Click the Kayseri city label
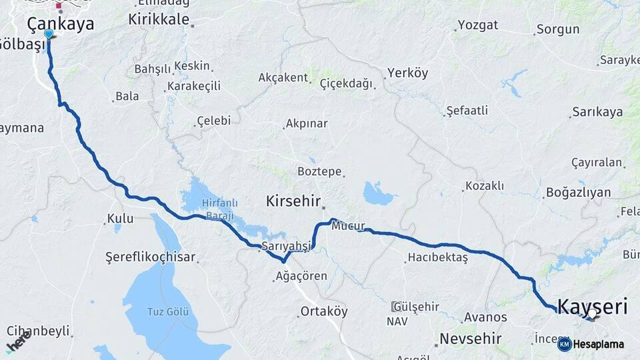[x=592, y=307]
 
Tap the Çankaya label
[x=61, y=24]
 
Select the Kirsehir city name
[x=293, y=201]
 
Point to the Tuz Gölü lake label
[x=168, y=311]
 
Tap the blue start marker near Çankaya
[x=49, y=33]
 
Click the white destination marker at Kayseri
[x=592, y=313]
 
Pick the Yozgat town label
[x=478, y=25]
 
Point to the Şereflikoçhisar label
[x=150, y=257]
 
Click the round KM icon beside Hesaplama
[x=564, y=344]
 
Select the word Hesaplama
[x=599, y=344]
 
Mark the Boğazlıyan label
[x=578, y=192]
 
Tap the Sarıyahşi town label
[x=287, y=246]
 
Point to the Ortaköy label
[x=324, y=311]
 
